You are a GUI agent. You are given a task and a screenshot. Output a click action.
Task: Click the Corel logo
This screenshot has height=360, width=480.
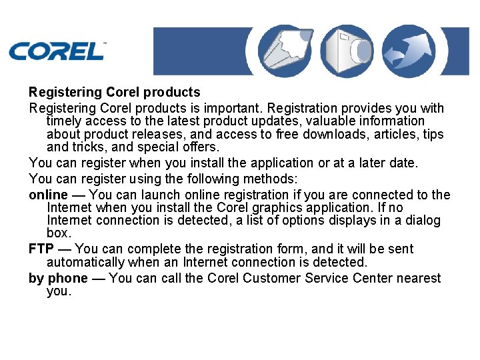coord(57,51)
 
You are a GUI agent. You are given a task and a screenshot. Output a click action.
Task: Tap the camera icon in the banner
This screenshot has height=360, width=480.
coord(347,51)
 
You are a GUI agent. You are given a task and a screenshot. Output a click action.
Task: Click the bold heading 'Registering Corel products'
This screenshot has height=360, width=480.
coord(114,92)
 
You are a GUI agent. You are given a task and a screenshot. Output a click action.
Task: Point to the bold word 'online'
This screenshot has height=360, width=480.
coord(48,195)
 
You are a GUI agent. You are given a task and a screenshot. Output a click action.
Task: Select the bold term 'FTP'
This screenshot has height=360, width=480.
coord(41,249)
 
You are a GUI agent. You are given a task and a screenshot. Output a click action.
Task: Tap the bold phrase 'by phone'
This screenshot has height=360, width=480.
coord(58,278)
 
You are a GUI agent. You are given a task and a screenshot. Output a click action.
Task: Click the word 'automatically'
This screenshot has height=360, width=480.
coord(86,262)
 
